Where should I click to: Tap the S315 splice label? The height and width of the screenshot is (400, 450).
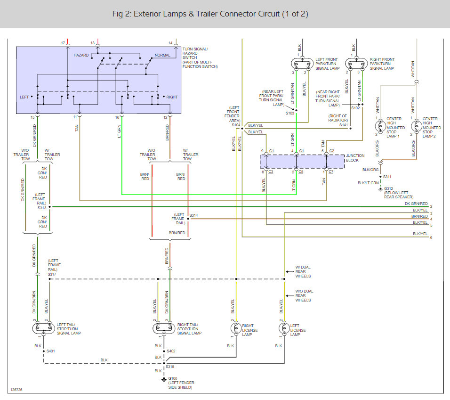point(170,367)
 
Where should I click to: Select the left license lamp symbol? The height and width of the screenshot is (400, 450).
point(284,328)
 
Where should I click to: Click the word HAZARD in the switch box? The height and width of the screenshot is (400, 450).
point(81,55)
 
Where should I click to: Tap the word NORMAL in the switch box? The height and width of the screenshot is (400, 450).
point(162,55)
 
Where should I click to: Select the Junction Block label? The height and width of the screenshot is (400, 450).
point(355,157)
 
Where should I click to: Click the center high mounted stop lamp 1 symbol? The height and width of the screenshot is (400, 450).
point(380,126)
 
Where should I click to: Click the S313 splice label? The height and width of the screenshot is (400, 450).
point(42,207)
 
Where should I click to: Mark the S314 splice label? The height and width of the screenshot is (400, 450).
point(193,215)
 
